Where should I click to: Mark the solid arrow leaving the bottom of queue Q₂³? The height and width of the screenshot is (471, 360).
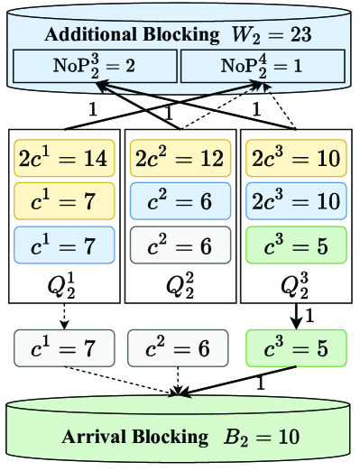(295, 316)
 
